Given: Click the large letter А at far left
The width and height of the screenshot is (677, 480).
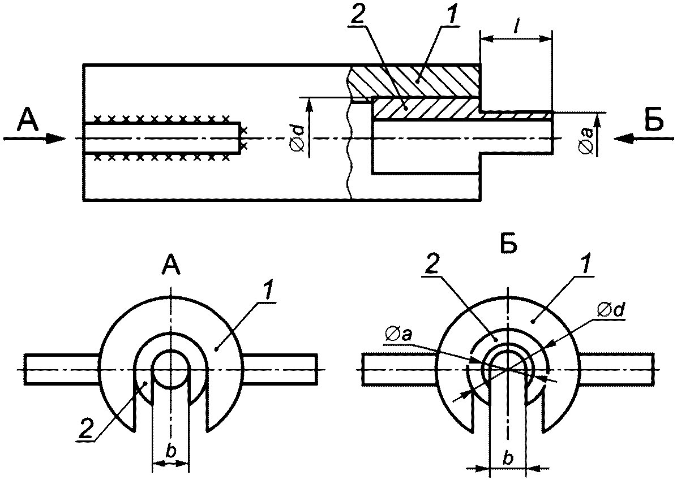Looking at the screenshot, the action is click(28, 119).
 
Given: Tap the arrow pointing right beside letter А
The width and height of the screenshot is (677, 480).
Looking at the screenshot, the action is click(35, 139).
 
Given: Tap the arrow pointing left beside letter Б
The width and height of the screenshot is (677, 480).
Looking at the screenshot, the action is click(644, 139).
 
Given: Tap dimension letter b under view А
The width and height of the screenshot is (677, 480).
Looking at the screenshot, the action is click(171, 451).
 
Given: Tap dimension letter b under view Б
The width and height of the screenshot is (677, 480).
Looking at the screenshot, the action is click(509, 459).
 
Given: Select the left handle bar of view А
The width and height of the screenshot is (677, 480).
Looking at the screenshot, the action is click(63, 369).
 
